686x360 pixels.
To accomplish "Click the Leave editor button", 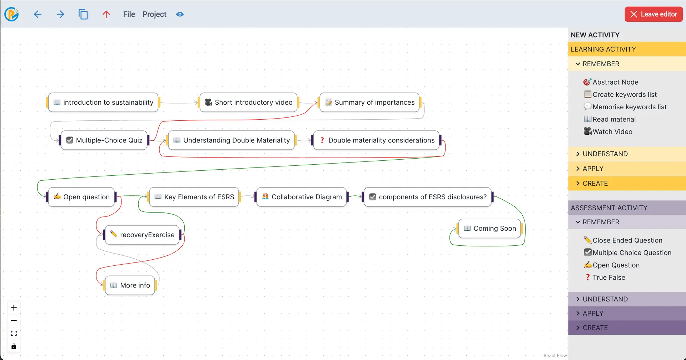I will tap(653, 14).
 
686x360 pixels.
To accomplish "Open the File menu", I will tap(129, 14).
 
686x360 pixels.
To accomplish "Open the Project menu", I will tap(154, 14).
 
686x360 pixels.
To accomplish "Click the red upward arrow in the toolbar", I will tap(106, 14).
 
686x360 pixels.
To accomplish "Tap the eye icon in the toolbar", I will tap(180, 14).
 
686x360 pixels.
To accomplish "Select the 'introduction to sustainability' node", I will tap(103, 102).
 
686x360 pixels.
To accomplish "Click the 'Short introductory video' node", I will tap(249, 102).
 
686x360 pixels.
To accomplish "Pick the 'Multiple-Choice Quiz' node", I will tap(104, 140).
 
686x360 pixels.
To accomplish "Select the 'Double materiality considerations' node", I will tap(377, 140).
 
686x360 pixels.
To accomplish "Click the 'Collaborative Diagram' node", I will tap(302, 197).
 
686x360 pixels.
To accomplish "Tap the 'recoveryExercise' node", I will tap(143, 235).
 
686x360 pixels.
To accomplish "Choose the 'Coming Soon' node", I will tap(489, 229).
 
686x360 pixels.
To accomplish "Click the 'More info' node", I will tap(130, 285).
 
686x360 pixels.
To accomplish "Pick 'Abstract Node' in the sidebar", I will tap(615, 82).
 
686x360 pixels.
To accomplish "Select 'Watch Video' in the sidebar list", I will tap(612, 132).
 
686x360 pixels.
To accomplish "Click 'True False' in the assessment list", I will tap(608, 277).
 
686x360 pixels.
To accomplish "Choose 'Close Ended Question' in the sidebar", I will tap(627, 240).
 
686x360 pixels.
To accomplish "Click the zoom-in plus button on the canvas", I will tap(14, 308).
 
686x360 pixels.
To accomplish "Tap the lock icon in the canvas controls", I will tap(14, 346).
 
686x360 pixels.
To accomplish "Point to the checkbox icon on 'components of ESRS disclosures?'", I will tap(373, 197).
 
